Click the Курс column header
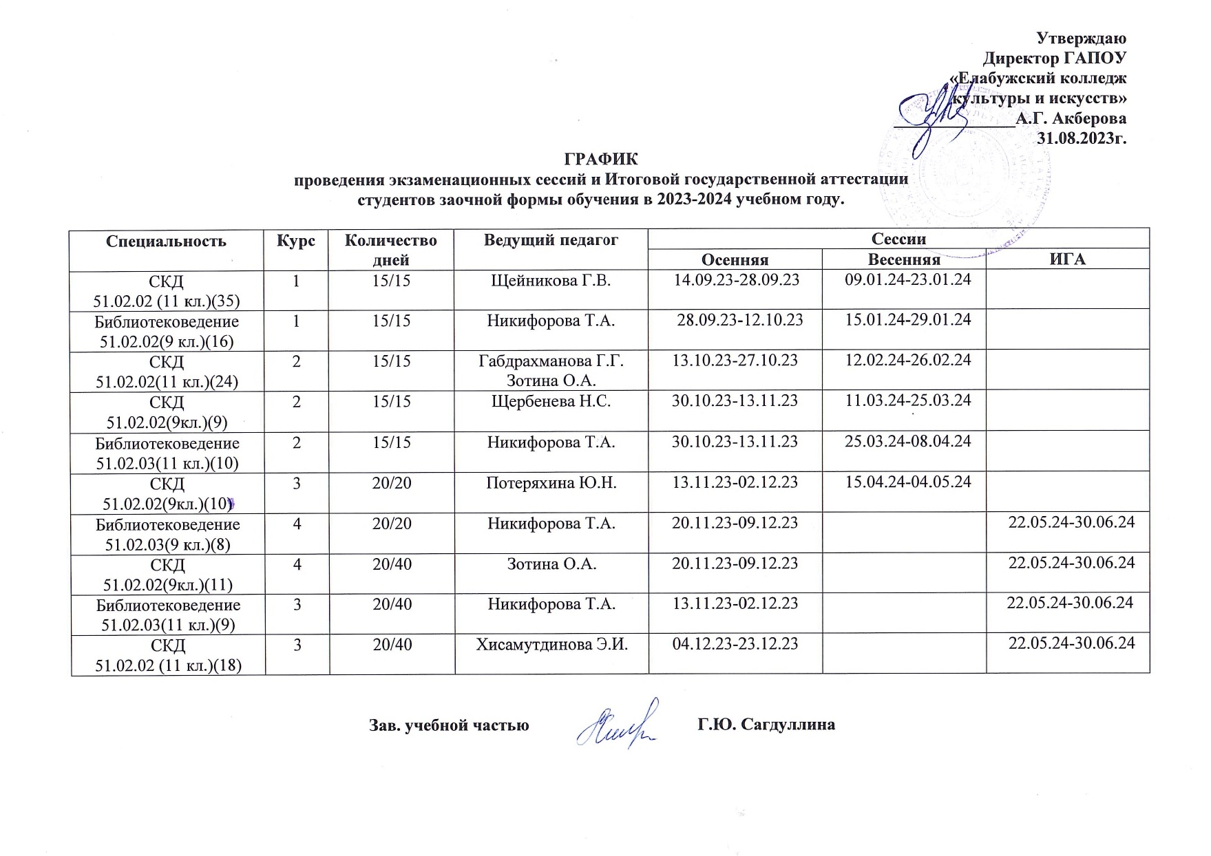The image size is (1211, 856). (x=296, y=241)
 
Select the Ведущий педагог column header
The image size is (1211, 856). (x=551, y=240)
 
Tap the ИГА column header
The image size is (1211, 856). (x=1068, y=259)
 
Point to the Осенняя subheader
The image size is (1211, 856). (x=735, y=259)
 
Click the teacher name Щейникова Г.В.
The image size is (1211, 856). (x=551, y=281)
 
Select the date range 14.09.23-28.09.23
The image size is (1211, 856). (x=735, y=281)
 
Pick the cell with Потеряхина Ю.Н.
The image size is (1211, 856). (x=551, y=482)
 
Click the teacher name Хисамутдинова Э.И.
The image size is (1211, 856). (x=552, y=644)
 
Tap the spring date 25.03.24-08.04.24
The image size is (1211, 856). (x=907, y=441)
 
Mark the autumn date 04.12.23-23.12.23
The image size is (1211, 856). (x=735, y=644)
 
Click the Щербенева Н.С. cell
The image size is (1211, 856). (x=551, y=401)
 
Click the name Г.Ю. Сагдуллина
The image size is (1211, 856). (x=766, y=725)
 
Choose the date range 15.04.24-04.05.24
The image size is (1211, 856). (x=907, y=482)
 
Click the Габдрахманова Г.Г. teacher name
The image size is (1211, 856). (x=551, y=361)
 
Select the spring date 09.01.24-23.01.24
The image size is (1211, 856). (x=907, y=281)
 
